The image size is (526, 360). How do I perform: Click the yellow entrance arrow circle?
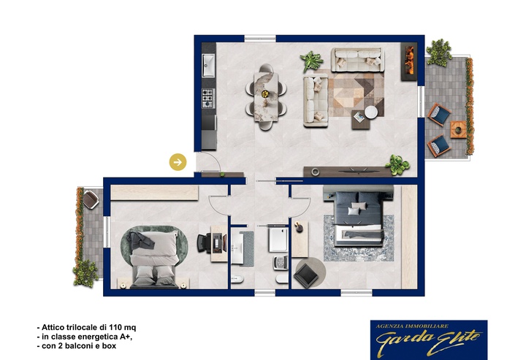pos(178,162)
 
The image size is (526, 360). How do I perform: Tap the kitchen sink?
pos(208,66)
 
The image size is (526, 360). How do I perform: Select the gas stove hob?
pos(207,98)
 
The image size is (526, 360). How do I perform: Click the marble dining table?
pos(266,97)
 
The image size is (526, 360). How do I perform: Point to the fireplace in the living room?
pos(409,61)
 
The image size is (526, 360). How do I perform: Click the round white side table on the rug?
pos(371,112)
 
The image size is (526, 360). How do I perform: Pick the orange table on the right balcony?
pos(458,129)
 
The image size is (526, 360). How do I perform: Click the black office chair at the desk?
pos(204,243)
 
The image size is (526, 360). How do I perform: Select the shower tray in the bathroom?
pos(278,240)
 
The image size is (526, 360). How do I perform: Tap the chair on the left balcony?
pos(91,199)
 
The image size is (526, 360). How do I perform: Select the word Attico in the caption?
pos(53,327)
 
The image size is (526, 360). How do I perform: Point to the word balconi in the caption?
pos(77,346)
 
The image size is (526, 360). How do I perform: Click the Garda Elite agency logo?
pos(429,340)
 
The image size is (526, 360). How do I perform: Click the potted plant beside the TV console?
pos(398,165)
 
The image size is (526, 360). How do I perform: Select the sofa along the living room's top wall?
pos(357,60)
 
